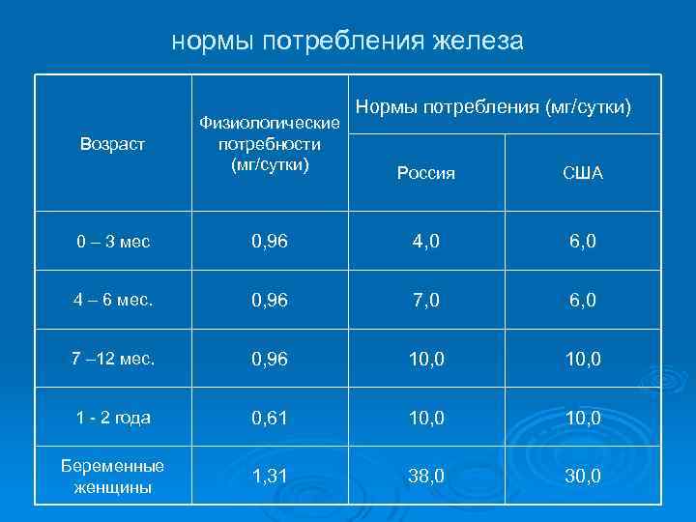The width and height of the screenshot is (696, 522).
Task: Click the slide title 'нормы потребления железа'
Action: point(347,41)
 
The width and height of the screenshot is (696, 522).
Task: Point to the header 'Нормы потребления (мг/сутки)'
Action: point(494,104)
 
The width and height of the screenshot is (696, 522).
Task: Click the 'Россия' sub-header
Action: point(425,174)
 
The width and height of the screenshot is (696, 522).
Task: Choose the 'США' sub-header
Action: point(583,174)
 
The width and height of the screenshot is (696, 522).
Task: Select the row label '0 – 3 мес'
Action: point(114,241)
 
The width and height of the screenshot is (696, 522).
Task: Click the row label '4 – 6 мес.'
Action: point(114,300)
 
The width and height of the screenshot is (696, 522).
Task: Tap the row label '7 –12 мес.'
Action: point(113,359)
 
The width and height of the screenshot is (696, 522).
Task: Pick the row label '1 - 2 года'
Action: point(113,418)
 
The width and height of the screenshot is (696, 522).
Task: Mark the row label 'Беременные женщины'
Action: point(112,476)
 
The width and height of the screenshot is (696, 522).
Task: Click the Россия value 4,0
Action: point(425,241)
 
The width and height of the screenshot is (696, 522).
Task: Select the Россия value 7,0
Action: point(425,300)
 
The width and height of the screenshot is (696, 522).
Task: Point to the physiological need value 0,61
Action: point(270,418)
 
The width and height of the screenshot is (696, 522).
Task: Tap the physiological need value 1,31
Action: point(270,477)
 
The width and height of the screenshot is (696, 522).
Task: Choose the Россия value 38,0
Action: point(425,477)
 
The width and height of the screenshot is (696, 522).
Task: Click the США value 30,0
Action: point(583,477)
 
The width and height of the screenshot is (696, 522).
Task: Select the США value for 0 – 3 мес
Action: point(583,241)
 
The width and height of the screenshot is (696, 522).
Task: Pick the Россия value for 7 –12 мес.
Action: point(425,359)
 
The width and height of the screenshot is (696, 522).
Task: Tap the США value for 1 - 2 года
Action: point(583,418)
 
